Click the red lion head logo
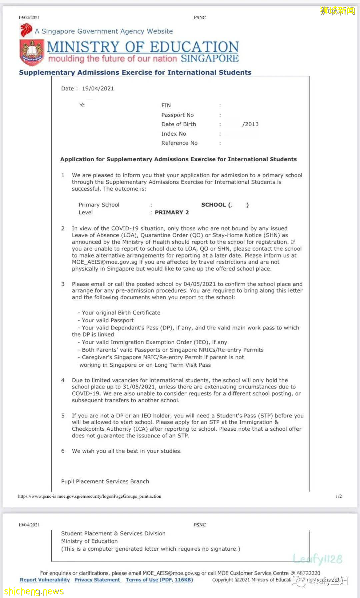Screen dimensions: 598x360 [x=26, y=30]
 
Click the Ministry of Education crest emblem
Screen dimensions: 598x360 [x=32, y=52]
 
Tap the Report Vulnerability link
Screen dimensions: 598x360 [x=45, y=580]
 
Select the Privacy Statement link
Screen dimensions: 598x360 [x=97, y=580]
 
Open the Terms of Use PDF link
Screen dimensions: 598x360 [x=159, y=580]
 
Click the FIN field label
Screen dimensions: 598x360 [x=166, y=105]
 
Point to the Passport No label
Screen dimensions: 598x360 [x=177, y=115]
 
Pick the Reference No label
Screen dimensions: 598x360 [x=179, y=143]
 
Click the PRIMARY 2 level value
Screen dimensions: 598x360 [x=172, y=213]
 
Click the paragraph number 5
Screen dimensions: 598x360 [x=63, y=416]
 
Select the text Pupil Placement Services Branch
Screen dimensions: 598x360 [x=105, y=481]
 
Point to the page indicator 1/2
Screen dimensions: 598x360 [x=339, y=496]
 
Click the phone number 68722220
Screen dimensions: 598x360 [x=308, y=573]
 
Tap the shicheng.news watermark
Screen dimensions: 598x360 [x=34, y=592]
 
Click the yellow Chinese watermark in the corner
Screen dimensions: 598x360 [x=337, y=11]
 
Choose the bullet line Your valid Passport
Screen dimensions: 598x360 [x=107, y=320]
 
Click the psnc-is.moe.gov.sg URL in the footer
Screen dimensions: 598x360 [x=90, y=496]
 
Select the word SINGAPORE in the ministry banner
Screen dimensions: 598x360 [x=210, y=59]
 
